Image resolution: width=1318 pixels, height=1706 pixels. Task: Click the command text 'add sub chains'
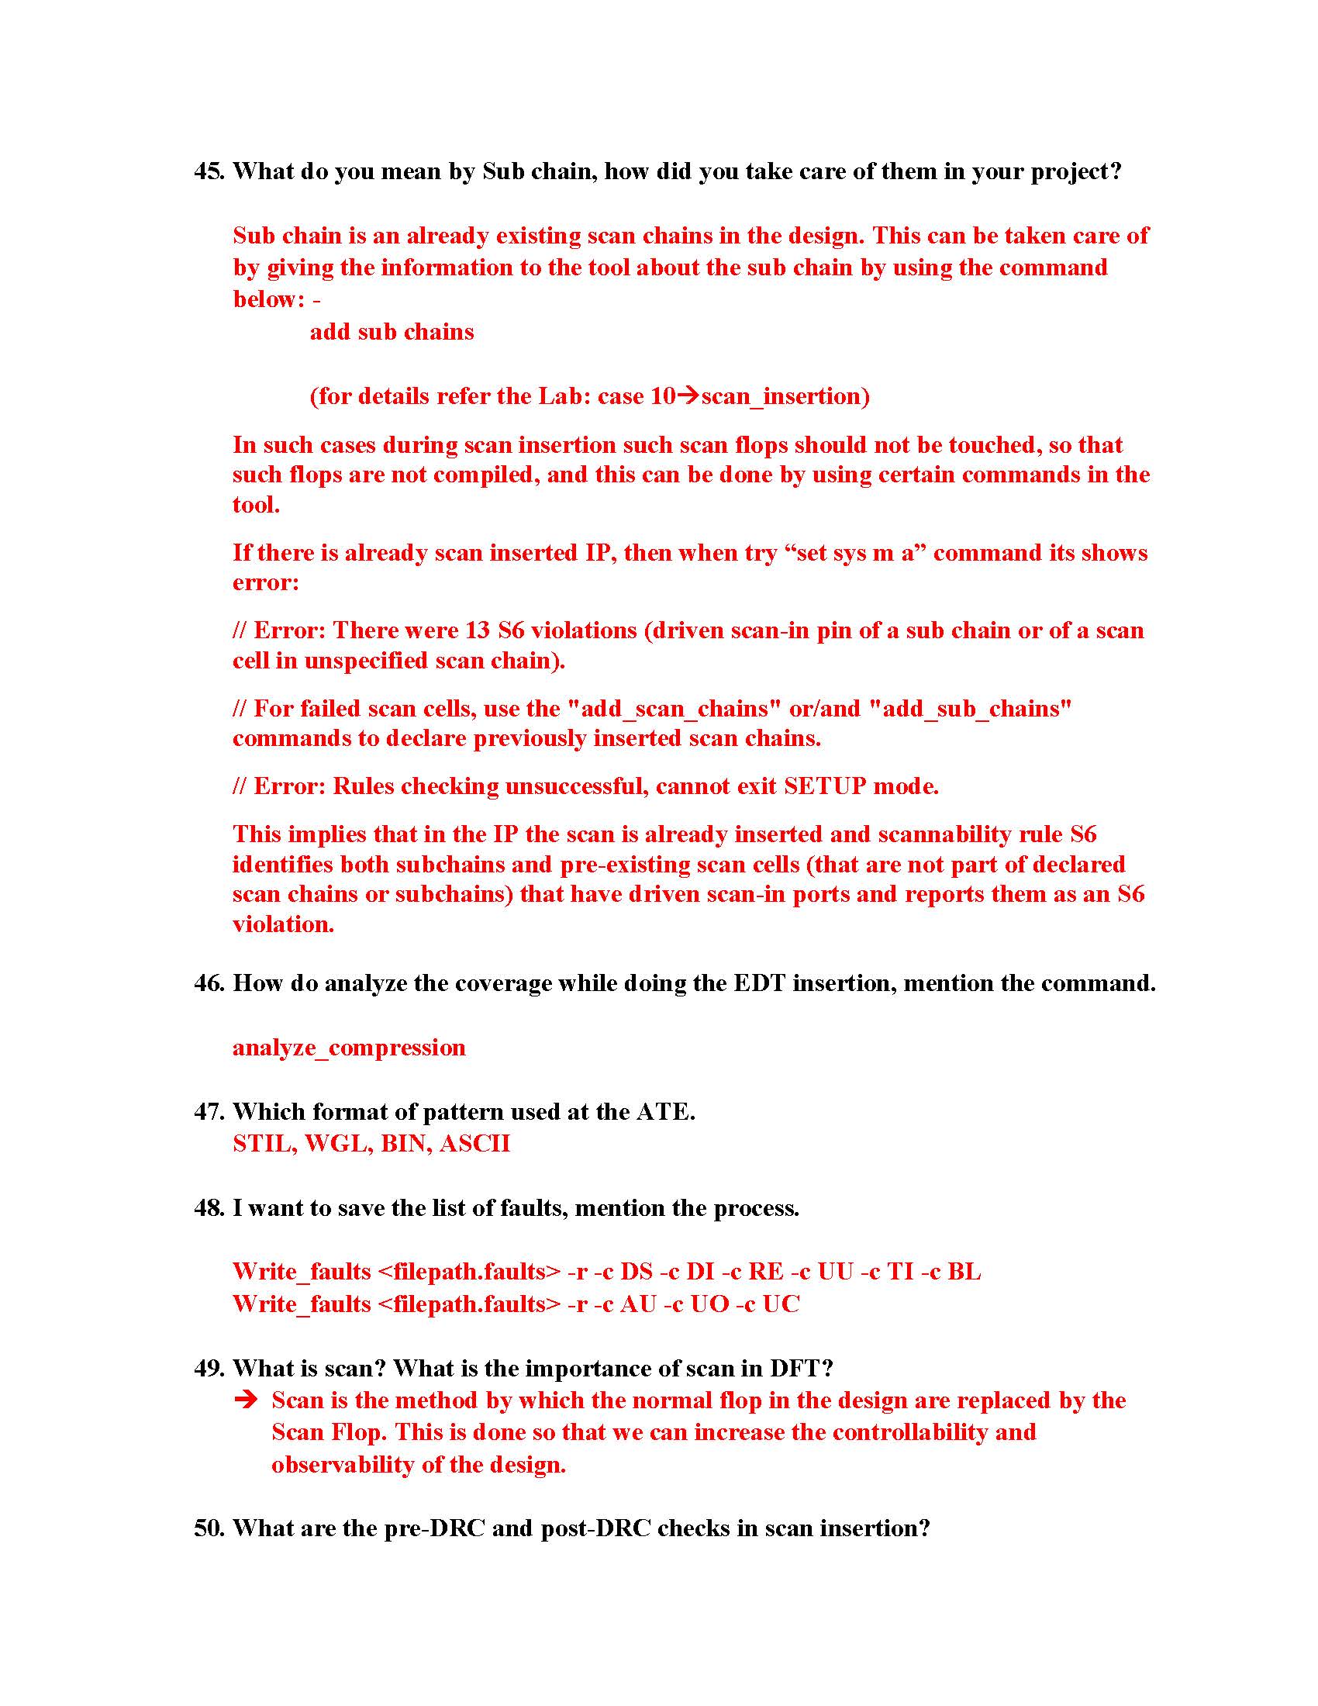(x=392, y=332)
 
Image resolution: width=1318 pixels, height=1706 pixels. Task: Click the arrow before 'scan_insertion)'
(x=687, y=396)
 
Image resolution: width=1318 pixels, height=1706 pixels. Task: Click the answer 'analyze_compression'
(x=348, y=1048)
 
